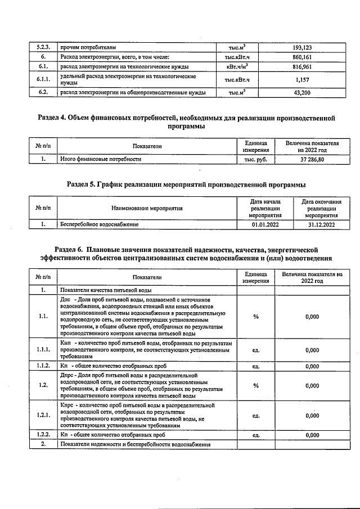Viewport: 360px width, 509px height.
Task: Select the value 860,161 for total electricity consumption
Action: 303,57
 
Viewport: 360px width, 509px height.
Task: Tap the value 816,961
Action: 303,67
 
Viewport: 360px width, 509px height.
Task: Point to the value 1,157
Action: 303,79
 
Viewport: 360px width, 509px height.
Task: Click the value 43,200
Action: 303,92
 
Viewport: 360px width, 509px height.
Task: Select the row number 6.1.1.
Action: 43,79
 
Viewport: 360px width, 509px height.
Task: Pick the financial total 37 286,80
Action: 312,159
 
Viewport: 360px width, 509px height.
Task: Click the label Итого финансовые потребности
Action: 101,159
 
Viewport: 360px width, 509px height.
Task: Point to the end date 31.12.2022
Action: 321,224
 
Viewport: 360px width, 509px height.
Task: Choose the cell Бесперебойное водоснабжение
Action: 100,224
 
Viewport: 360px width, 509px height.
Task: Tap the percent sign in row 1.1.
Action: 256,317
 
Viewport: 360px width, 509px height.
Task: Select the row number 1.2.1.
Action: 43,416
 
